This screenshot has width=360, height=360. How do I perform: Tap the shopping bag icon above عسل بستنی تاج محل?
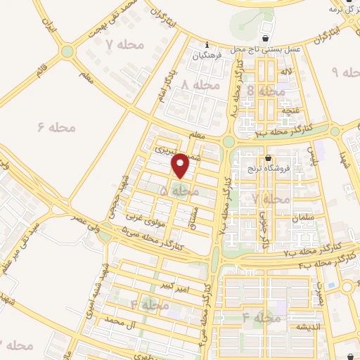264,39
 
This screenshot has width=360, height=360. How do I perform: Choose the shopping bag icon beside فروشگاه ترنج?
269,157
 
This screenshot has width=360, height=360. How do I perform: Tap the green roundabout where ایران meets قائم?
67,51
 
